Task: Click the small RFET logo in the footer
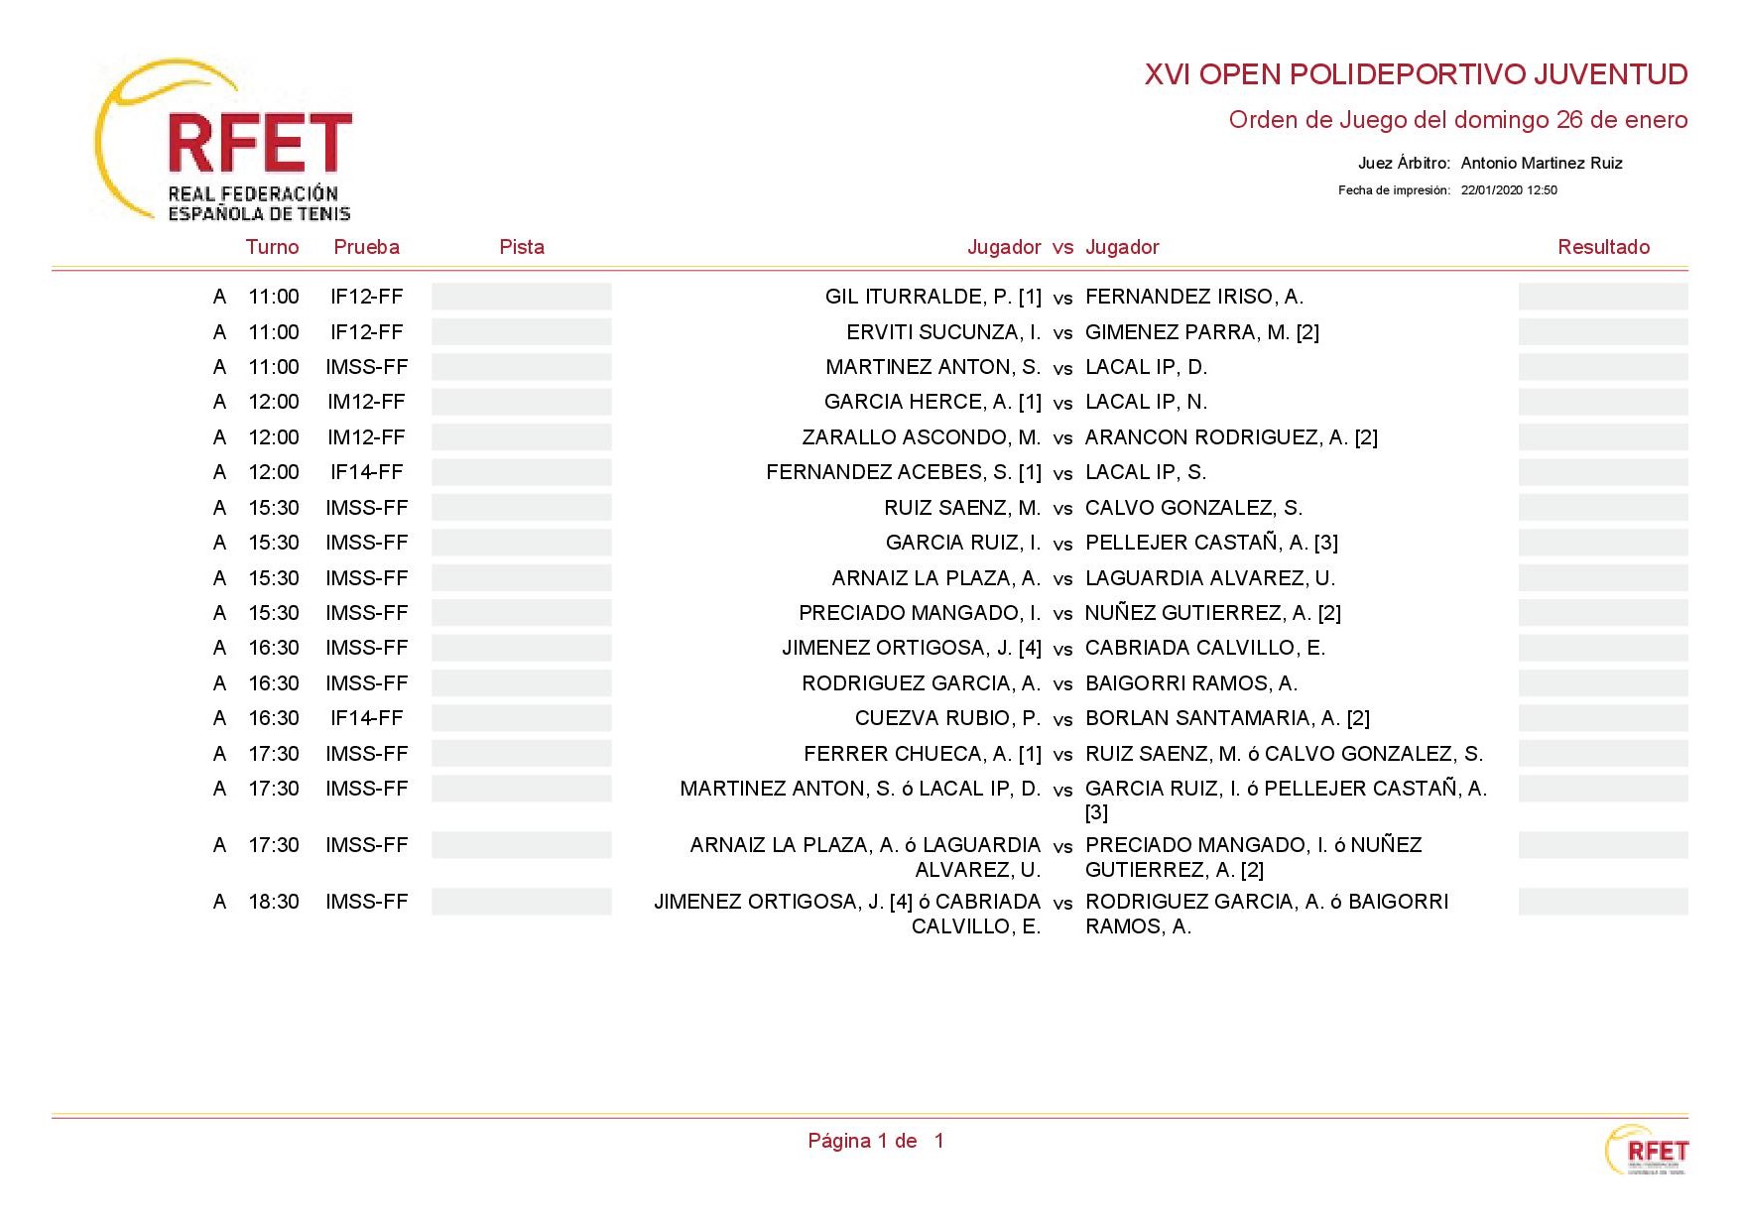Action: point(1647,1151)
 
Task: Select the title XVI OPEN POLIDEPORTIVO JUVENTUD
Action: point(1416,74)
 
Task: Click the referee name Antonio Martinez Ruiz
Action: point(1541,163)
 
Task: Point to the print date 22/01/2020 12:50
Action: point(1508,190)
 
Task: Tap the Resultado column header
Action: point(1603,247)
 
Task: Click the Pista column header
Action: point(522,247)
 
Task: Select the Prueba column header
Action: point(366,247)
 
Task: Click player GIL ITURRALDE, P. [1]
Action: point(932,297)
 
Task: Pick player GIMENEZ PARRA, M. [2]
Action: point(1201,332)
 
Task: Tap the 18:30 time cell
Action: point(274,902)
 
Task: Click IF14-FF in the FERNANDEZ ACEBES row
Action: point(366,472)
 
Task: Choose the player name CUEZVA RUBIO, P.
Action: point(947,718)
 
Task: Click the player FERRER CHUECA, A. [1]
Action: point(922,754)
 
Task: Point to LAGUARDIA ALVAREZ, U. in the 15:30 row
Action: point(1209,578)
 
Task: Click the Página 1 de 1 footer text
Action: point(875,1141)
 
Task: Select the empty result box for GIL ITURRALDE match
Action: point(1602,297)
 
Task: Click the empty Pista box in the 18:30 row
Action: point(522,902)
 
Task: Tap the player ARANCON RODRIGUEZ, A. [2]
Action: point(1230,437)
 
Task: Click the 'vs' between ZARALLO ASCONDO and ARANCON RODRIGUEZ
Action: point(1062,438)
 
